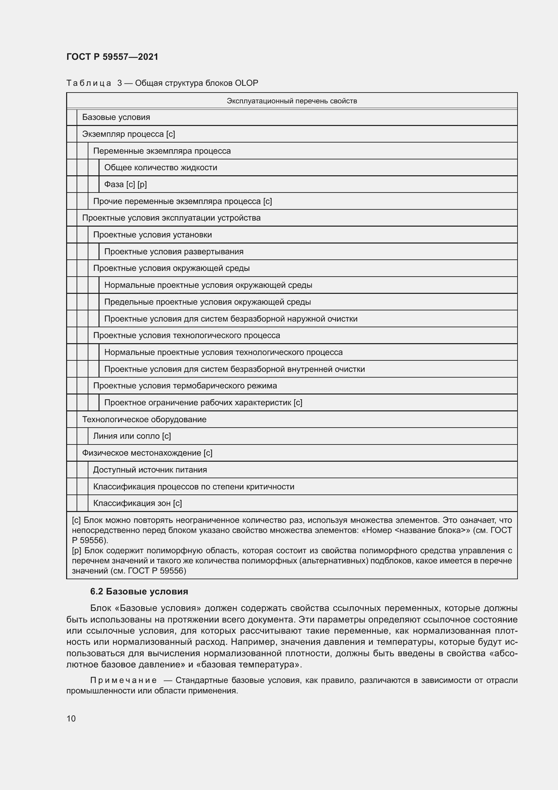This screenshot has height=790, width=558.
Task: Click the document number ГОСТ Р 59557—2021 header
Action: pyautogui.click(x=112, y=57)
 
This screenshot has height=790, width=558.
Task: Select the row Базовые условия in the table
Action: pyautogui.click(x=116, y=117)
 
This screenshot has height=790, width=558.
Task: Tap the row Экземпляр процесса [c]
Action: pyautogui.click(x=129, y=134)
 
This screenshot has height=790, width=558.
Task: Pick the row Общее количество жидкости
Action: pyautogui.click(x=161, y=168)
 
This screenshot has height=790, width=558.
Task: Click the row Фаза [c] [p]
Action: pyautogui.click(x=125, y=184)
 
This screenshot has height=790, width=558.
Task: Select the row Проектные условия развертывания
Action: pyautogui.click(x=174, y=252)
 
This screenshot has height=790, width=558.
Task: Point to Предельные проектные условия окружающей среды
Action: pyautogui.click(x=207, y=302)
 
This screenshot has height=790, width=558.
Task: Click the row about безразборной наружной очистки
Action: pyautogui.click(x=230, y=319)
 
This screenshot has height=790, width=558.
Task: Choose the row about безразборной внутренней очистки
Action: pyautogui.click(x=234, y=369)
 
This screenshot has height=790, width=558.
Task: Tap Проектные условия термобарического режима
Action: pyautogui.click(x=185, y=386)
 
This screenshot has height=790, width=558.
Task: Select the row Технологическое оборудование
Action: pyautogui.click(x=144, y=419)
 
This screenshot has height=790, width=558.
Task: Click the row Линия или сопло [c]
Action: pyautogui.click(x=132, y=436)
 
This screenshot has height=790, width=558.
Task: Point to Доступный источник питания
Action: pyautogui.click(x=150, y=470)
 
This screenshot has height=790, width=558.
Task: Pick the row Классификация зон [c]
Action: pyautogui.click(x=137, y=503)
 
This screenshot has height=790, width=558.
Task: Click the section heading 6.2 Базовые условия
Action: pyautogui.click(x=139, y=591)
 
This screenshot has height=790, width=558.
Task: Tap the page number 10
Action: pyautogui.click(x=71, y=719)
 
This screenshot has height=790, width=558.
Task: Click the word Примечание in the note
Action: pyautogui.click(x=123, y=680)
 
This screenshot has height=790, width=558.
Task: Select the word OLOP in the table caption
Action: pyautogui.click(x=246, y=83)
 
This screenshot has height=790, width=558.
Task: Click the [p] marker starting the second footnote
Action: pyautogui.click(x=77, y=551)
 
